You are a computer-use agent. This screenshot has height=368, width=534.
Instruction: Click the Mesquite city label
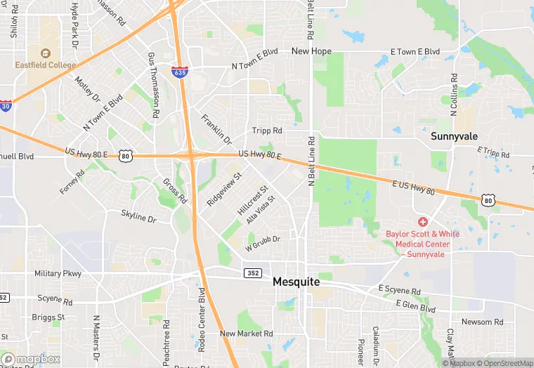(296, 282)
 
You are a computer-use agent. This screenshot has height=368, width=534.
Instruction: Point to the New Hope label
(311, 51)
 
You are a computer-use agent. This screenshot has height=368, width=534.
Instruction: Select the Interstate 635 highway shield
(179, 72)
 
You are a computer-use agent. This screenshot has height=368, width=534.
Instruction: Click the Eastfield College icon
(46, 53)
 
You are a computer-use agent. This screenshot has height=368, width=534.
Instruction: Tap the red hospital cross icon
(423, 222)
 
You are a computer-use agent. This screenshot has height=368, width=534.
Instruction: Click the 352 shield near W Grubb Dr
(253, 272)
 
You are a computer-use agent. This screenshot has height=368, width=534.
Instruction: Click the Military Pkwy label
(58, 273)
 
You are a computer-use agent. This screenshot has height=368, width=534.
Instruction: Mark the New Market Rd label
(246, 334)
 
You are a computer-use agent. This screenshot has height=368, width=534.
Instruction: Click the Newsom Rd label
(482, 322)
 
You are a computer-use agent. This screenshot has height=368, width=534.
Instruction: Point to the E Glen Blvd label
(415, 305)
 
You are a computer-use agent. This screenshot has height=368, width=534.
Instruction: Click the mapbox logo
(32, 359)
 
